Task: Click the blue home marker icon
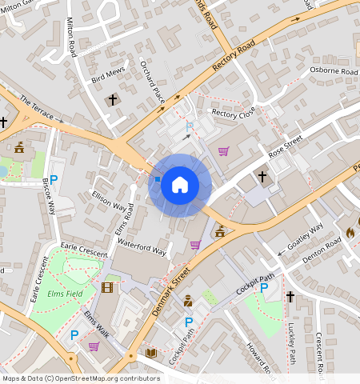point(180,186)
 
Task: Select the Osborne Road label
point(334,70)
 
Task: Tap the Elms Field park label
point(67,294)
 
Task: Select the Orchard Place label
point(151,80)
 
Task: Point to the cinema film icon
point(108,288)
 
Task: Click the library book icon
point(151,353)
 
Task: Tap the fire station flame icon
point(350,233)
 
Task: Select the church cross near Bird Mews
point(113,100)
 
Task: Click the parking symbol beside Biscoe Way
point(54,180)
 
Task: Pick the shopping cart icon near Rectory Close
point(223,150)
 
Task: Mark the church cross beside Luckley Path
point(290,298)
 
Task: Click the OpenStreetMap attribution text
point(81,378)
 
